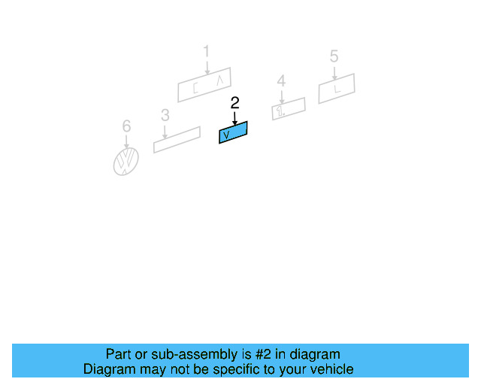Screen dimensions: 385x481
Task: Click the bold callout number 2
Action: point(234,102)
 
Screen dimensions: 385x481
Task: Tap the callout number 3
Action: point(165,115)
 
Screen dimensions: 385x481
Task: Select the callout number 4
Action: point(281,80)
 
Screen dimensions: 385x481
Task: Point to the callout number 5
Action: point(334,56)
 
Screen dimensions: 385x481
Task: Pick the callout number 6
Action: point(126,126)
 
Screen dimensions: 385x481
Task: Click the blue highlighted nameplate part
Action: point(233,132)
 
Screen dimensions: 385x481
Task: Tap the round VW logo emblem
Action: point(126,161)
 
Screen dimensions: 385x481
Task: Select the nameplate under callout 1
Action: point(204,84)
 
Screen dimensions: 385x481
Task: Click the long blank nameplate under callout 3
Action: point(177,140)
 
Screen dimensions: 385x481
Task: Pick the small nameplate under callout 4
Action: point(289,108)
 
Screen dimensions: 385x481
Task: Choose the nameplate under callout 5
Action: point(337,89)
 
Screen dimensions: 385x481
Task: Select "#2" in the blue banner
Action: point(260,354)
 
